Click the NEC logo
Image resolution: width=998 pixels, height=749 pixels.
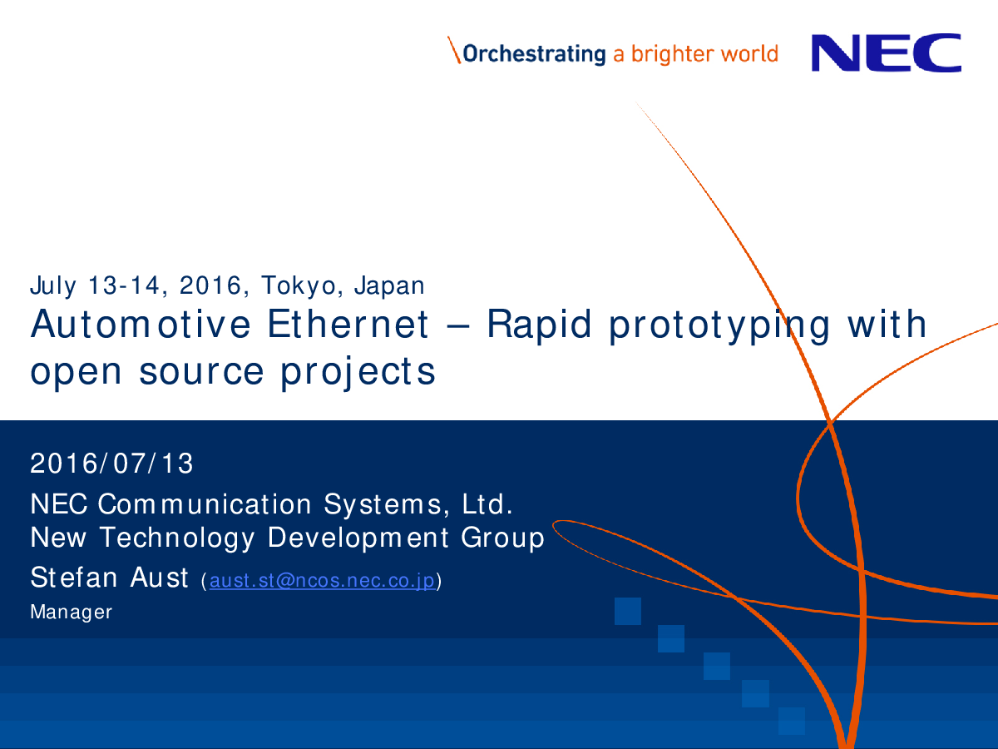click(x=887, y=52)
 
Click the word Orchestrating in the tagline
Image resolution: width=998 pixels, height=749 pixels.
click(x=534, y=54)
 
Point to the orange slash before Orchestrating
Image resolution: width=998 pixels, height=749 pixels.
click(x=454, y=50)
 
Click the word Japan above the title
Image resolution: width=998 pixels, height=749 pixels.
click(x=389, y=285)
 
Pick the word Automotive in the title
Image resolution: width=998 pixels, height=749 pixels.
click(x=141, y=324)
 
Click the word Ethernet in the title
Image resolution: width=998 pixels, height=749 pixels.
click(x=348, y=324)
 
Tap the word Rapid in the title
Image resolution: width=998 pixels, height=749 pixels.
click(x=539, y=325)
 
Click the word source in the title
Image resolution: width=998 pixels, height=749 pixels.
click(x=201, y=371)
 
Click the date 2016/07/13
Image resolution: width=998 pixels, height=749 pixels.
click(x=111, y=464)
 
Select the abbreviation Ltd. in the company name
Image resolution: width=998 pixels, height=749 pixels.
click(x=487, y=503)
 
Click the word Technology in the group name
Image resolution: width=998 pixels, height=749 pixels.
click(x=177, y=538)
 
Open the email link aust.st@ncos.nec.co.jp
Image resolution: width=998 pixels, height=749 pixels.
click(x=323, y=581)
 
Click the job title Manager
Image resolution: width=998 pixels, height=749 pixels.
click(x=71, y=613)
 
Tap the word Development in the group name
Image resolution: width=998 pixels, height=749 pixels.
click(x=358, y=538)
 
